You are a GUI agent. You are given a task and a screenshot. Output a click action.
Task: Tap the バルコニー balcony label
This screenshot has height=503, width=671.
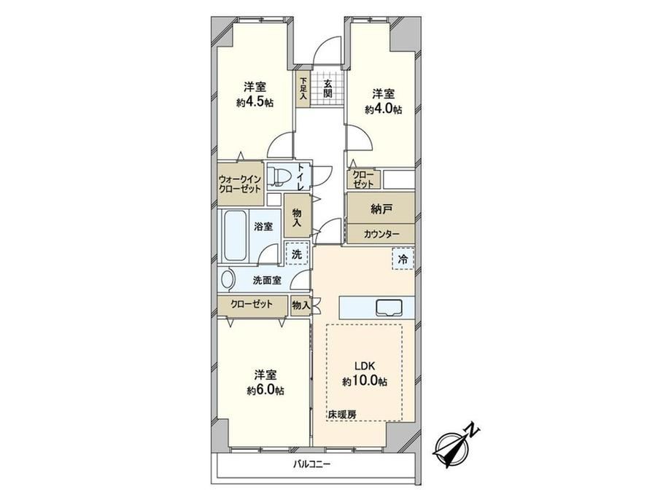point(312,464)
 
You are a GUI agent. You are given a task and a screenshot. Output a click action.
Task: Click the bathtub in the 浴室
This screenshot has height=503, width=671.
point(235,235)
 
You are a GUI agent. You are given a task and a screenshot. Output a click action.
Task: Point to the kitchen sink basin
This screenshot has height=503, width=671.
point(389,308)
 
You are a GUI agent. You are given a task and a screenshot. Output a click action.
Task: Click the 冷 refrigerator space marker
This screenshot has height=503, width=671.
point(403,259)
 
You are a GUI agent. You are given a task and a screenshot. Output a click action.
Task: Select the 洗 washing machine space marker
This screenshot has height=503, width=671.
point(297,254)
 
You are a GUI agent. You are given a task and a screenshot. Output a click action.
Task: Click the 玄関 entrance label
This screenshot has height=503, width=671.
point(327,88)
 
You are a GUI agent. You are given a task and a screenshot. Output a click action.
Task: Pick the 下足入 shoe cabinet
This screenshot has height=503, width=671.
point(303,89)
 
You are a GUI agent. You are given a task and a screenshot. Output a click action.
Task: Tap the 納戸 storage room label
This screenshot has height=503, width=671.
point(381,209)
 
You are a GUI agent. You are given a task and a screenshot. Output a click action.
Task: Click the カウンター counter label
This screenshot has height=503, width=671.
point(381,234)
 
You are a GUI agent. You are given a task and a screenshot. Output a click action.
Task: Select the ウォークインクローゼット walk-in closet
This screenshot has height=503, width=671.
point(240,183)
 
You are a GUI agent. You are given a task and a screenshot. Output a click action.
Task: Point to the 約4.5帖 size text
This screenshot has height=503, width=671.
point(255,103)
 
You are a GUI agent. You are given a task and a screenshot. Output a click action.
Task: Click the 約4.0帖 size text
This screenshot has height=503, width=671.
point(383,109)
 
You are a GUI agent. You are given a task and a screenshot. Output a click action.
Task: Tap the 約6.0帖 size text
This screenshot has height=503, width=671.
point(265,391)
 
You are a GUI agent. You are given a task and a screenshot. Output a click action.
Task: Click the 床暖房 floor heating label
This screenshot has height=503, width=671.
point(342,415)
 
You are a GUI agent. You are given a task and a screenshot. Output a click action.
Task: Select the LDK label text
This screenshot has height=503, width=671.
point(365,366)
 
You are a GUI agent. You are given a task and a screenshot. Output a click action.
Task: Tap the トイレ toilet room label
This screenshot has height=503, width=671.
point(301,176)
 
